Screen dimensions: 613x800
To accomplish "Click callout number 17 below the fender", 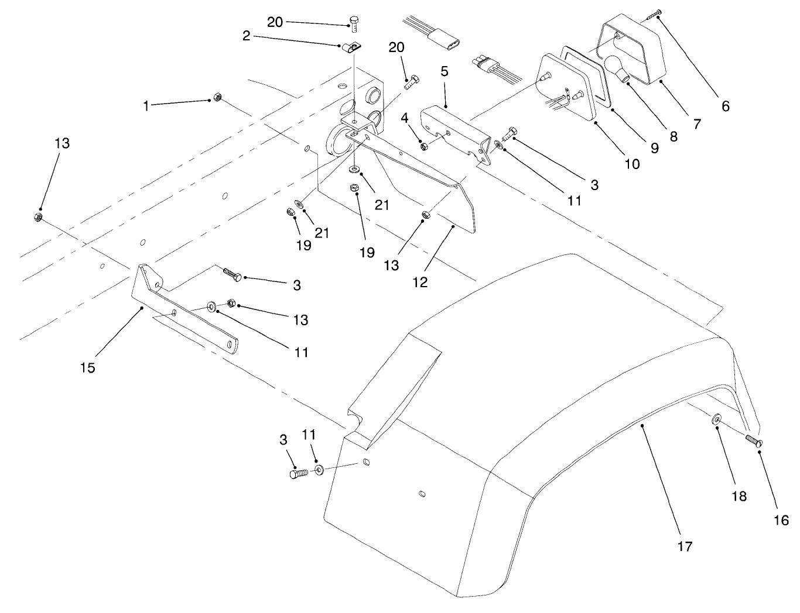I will (685, 546).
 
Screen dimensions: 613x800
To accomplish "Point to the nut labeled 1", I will (217, 97).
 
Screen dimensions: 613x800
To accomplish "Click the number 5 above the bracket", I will (445, 71).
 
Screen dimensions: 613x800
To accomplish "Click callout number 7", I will (697, 123).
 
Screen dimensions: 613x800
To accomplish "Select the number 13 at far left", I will (61, 143).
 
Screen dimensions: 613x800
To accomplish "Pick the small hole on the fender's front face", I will (422, 495).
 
